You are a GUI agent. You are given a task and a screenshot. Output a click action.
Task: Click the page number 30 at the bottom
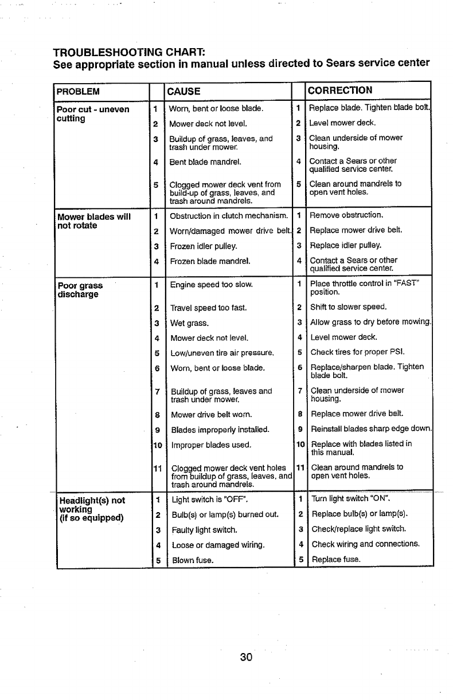247,657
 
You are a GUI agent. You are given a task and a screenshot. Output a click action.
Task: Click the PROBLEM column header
79,91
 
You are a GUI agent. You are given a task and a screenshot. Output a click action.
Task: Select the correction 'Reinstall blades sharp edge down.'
370,429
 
